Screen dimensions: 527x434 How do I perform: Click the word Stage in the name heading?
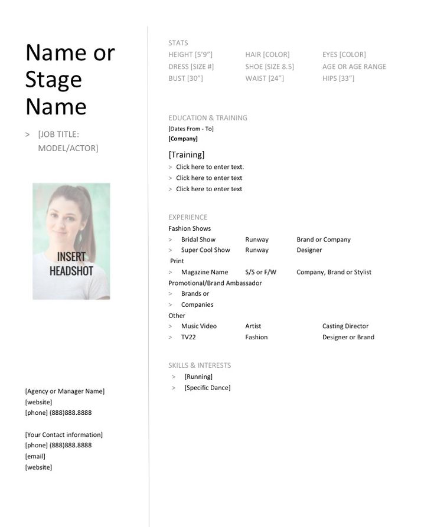pyautogui.click(x=53, y=80)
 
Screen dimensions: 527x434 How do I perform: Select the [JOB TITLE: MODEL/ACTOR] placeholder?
pyautogui.click(x=68, y=141)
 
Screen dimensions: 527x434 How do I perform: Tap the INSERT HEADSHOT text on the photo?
pyautogui.click(x=71, y=264)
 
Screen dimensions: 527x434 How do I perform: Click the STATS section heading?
pyautogui.click(x=178, y=43)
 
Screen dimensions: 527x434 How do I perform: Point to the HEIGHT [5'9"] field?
pyautogui.click(x=190, y=55)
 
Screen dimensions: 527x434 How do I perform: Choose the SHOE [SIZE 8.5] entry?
pyautogui.click(x=269, y=67)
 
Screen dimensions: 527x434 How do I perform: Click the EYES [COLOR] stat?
pyautogui.click(x=344, y=55)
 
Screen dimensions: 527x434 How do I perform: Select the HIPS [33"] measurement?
pyautogui.click(x=338, y=78)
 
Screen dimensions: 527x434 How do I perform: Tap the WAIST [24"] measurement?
pyautogui.click(x=265, y=78)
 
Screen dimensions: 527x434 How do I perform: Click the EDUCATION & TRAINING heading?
pyautogui.click(x=207, y=118)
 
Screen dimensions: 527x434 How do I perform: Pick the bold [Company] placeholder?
pyautogui.click(x=183, y=139)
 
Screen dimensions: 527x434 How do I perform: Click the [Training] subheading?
pyautogui.click(x=187, y=155)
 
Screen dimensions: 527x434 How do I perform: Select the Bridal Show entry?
pyautogui.click(x=198, y=240)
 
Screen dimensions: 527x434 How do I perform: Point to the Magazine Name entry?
pyautogui.click(x=204, y=272)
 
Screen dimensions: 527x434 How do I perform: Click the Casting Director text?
pyautogui.click(x=345, y=326)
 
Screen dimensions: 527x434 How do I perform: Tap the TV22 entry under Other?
pyautogui.click(x=188, y=338)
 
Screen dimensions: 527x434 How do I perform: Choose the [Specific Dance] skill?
pyautogui.click(x=207, y=388)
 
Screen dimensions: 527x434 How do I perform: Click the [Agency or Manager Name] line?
pyautogui.click(x=64, y=391)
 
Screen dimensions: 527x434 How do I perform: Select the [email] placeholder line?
pyautogui.click(x=35, y=456)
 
